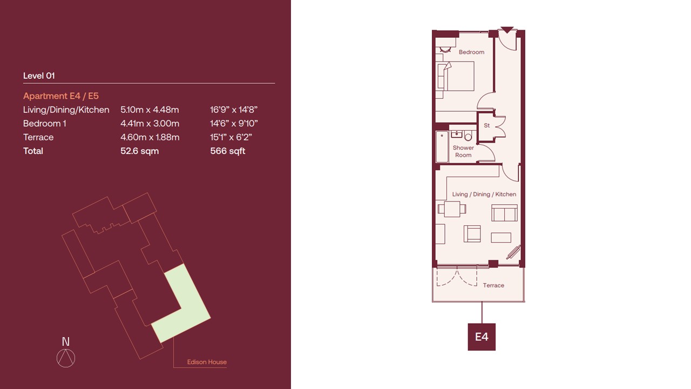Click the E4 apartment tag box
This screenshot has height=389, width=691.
point(482,337)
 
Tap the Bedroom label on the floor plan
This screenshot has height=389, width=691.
point(471,52)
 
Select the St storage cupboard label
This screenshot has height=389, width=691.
point(487,125)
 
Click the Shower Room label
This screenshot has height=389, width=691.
point(463,151)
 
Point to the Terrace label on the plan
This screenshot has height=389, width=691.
point(493,285)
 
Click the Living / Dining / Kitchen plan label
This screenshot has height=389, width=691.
point(484,194)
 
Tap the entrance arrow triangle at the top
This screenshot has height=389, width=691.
point(507,30)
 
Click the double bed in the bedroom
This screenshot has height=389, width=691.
point(456,76)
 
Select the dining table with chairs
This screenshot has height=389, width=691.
point(452,209)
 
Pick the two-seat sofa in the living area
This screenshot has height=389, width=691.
point(504,213)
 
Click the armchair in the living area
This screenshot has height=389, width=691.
point(472,234)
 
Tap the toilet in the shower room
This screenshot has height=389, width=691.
point(468,136)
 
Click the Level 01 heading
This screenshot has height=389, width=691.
point(39,76)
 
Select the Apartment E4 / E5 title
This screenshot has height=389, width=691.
point(61,96)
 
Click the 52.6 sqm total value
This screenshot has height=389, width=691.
point(139,151)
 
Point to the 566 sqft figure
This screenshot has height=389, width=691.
point(228,151)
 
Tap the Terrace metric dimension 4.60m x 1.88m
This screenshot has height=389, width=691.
point(150,137)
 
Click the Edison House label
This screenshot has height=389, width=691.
point(207,362)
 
